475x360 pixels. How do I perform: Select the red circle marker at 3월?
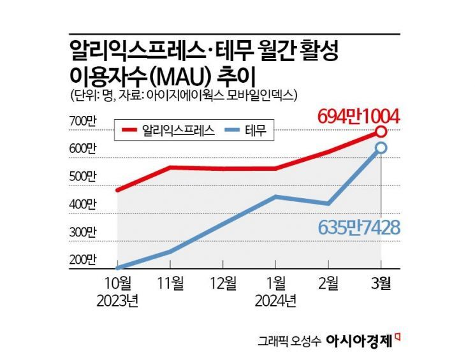pyautogui.click(x=381, y=131)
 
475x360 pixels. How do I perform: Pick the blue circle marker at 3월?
pyautogui.click(x=381, y=148)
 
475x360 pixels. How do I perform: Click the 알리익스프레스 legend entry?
pyautogui.click(x=168, y=131)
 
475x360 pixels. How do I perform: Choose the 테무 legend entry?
pyautogui.click(x=246, y=131)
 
